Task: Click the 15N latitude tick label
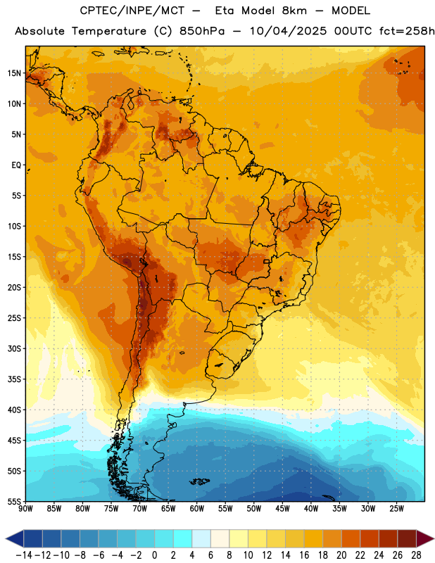[14, 73]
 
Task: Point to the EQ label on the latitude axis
[16, 165]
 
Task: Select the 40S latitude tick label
[14, 410]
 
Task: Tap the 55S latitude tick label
[14, 501]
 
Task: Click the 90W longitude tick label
[25, 509]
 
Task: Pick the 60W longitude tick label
[197, 509]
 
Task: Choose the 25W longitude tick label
[396, 509]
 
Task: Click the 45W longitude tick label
[282, 509]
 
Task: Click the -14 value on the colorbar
[24, 555]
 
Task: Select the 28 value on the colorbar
[416, 555]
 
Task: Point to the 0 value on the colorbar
[155, 555]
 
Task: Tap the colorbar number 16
[304, 555]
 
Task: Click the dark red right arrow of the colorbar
[424, 538]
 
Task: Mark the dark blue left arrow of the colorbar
[15, 538]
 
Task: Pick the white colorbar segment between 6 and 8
[220, 538]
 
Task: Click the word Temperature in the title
[109, 31]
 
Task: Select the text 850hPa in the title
[202, 31]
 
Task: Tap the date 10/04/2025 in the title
[288, 31]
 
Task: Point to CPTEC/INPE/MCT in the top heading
[132, 11]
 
